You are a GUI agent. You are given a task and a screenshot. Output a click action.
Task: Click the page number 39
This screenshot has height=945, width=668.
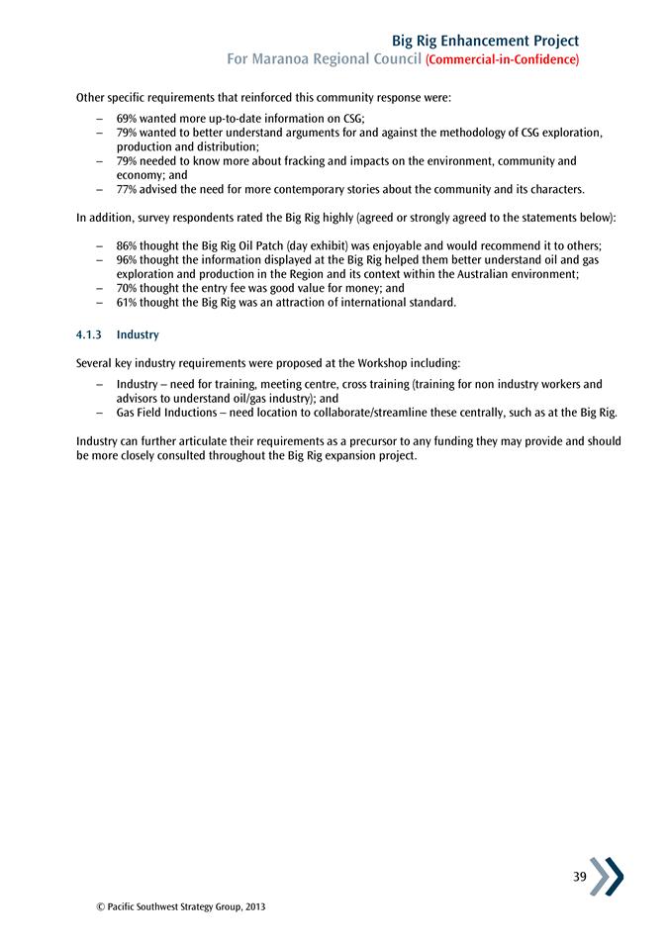(579, 877)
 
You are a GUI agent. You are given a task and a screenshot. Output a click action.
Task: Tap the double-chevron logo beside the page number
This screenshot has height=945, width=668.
(607, 877)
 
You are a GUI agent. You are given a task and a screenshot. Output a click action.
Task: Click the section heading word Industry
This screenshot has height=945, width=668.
(138, 335)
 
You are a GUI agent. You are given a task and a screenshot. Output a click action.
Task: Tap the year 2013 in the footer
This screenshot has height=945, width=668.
(253, 906)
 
